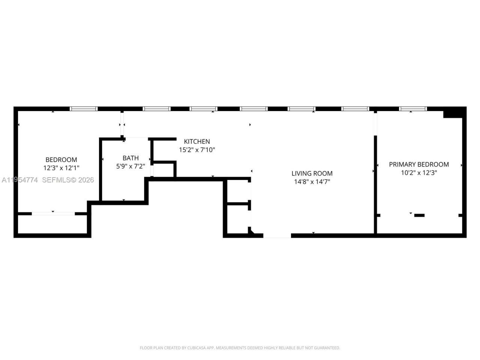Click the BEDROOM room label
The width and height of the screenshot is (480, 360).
click(61, 160)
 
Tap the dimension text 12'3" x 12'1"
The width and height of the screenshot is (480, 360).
click(61, 168)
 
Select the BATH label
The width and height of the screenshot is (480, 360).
click(130, 158)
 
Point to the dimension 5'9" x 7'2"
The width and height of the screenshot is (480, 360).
click(130, 166)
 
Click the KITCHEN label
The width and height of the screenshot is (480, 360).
click(197, 141)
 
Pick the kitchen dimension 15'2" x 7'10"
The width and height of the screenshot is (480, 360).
click(197, 150)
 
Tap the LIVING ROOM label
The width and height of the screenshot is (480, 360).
click(312, 173)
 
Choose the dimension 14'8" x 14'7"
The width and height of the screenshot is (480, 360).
click(312, 182)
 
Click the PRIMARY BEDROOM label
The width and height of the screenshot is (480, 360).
click(419, 164)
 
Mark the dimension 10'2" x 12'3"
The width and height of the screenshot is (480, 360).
click(419, 173)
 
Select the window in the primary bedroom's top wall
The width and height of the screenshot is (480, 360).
click(413, 109)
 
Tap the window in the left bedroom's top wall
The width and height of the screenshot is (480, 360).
click(84, 109)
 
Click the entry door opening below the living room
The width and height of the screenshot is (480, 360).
click(277, 235)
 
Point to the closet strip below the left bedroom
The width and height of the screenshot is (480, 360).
click(52, 224)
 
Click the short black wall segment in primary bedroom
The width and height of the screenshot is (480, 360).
click(419, 215)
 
